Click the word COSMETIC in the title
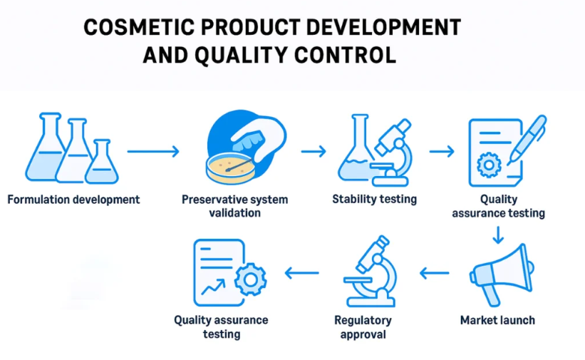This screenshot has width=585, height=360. tap(139, 27)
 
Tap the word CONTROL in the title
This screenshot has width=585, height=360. tap(345, 56)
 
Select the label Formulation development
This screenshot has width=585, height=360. tap(73, 200)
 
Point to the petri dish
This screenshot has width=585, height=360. tap(231, 168)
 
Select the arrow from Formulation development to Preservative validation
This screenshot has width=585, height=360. tap(153, 151)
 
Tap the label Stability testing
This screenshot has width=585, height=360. tap(374, 199)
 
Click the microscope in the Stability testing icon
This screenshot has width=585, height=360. tap(392, 153)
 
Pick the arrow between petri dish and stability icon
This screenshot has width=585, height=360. tap(314, 151)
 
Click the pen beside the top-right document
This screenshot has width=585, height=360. tap(527, 140)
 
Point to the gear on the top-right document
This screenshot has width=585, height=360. tap(489, 165)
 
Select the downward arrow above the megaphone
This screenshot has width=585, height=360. tap(498, 235)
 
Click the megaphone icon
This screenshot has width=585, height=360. tap(502, 274)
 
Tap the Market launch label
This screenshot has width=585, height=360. tap(497, 320)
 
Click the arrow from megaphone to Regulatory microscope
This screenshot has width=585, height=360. tap(434, 273)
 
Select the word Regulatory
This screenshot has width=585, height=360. tap(363, 320)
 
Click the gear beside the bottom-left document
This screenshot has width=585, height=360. tap(250, 279)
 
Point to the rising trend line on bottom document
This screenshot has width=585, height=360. tap(213, 287)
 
